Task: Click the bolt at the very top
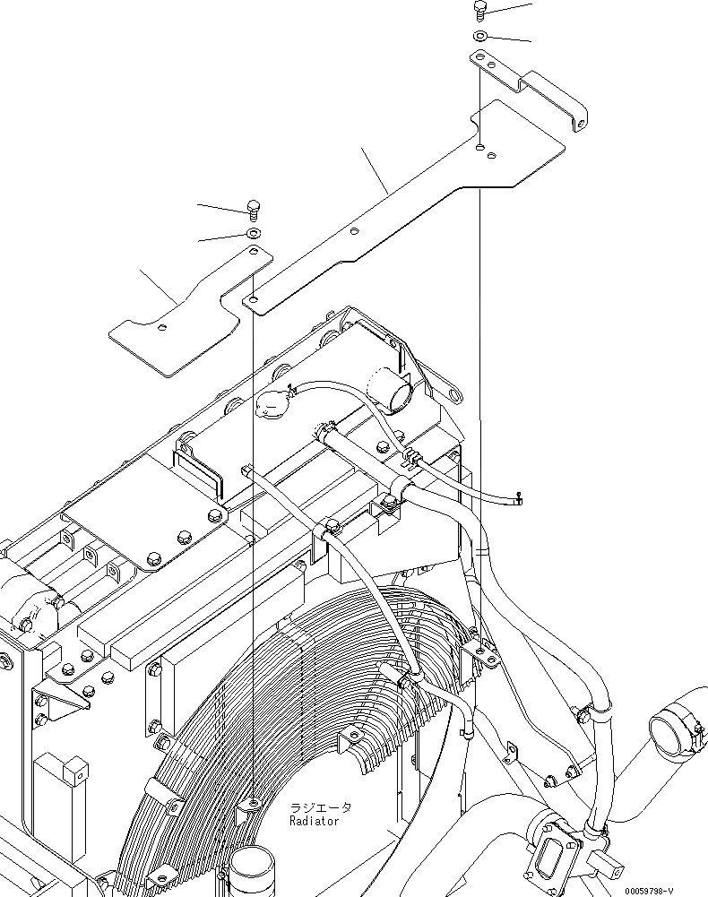click(479, 10)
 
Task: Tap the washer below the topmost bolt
click(479, 36)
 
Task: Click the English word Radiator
click(314, 821)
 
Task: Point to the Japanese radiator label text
click(320, 807)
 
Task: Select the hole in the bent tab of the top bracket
click(580, 123)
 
